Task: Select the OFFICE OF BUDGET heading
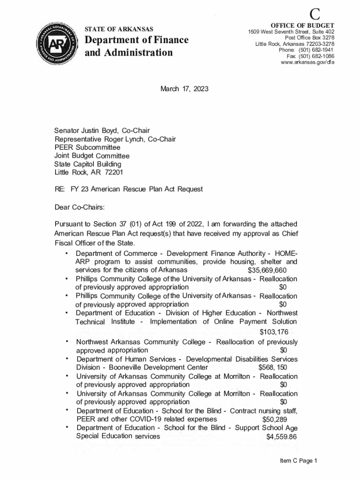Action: point(302,25)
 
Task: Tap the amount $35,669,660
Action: point(267,271)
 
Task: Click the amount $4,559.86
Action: point(281,437)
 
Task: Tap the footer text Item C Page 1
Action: point(299,461)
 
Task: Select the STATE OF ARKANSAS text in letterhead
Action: point(118,29)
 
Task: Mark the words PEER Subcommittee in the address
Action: point(87,148)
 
